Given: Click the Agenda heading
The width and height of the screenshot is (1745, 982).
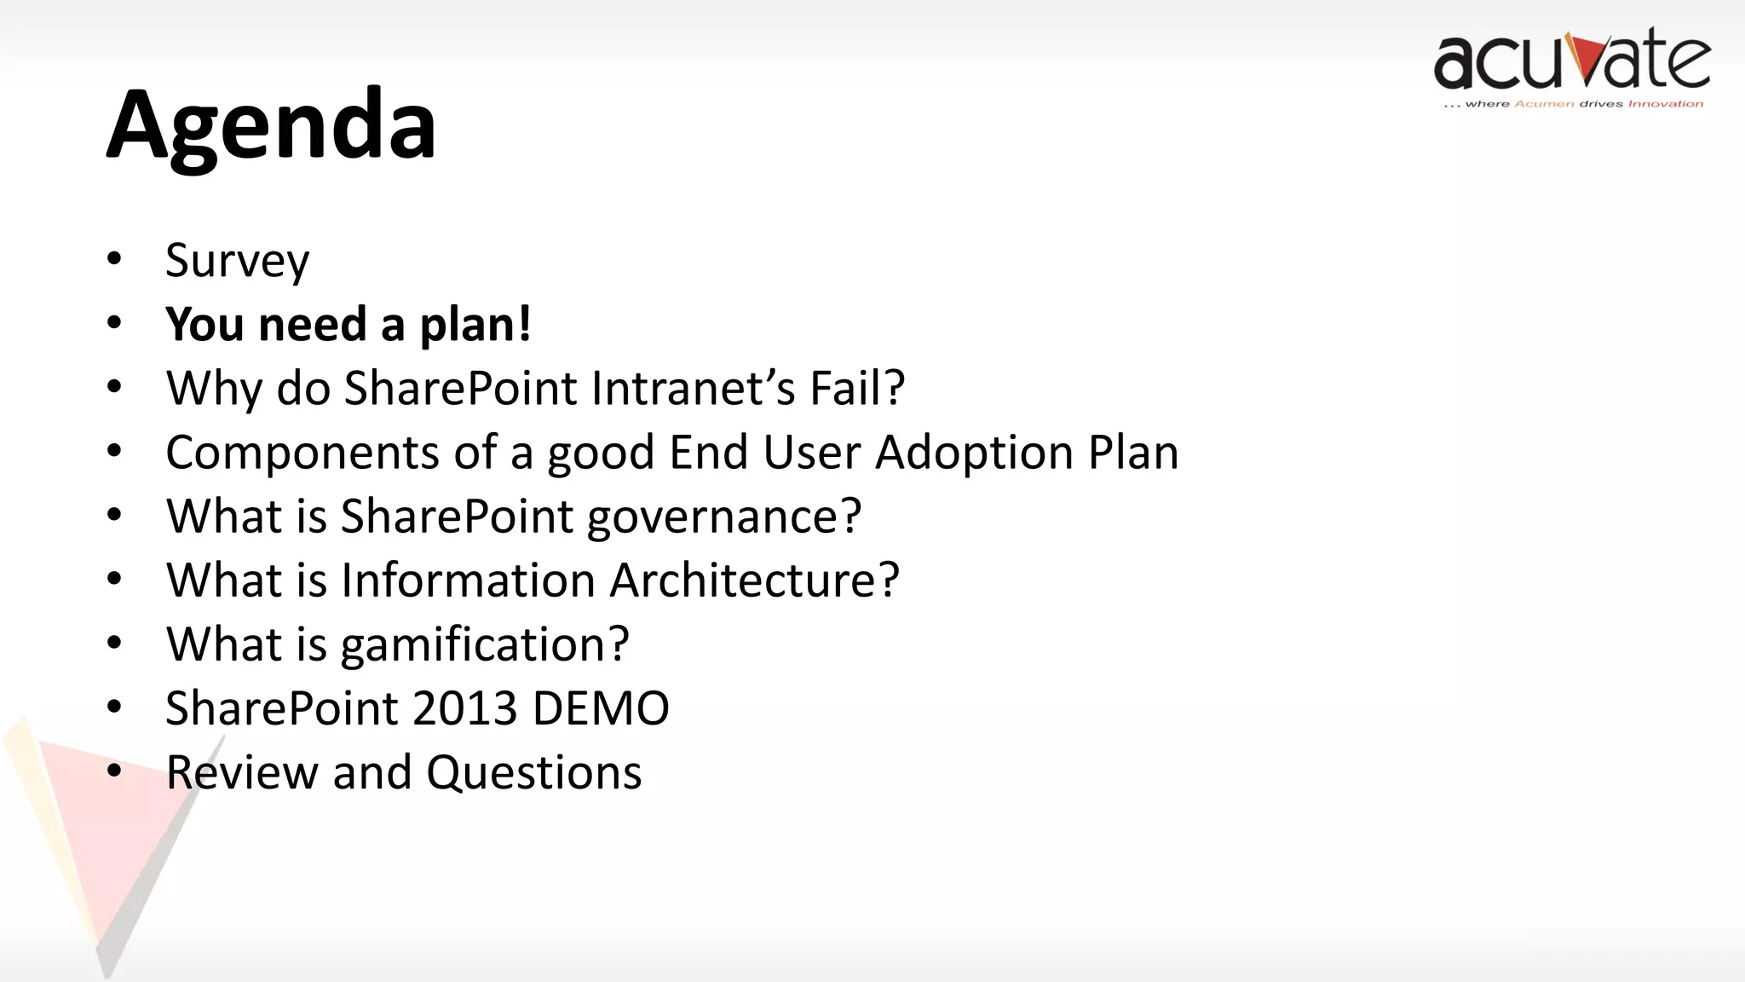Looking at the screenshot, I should coord(271,126).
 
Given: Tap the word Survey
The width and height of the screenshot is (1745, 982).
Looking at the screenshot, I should coord(237,261).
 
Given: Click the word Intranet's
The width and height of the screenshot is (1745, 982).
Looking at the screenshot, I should coord(692,389).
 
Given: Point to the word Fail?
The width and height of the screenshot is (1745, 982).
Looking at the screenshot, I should coord(856,389).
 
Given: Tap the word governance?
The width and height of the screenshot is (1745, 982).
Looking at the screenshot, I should coord(723,517).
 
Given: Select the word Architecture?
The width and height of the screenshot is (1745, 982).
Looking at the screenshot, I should coord(754,581).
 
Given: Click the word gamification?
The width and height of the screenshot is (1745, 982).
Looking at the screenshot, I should coord(484,645).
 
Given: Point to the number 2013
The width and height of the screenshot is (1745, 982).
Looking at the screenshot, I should coord(464,708).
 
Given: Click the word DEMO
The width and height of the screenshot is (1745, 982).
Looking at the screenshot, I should coord(600,708).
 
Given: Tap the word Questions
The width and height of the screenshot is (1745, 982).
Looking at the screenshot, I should coord(533,773).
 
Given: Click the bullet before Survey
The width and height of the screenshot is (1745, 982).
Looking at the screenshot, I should coord(115,258).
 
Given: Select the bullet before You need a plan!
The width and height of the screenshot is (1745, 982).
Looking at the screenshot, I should coord(115,323).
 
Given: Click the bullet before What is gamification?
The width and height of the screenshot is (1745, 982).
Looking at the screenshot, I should coord(115,643).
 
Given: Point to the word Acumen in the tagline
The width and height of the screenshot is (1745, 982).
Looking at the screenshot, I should coord(1544,104).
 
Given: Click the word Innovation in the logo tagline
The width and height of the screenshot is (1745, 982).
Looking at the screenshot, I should coord(1665,104).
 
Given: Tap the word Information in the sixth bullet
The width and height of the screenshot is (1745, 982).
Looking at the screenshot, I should coord(467,581).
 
